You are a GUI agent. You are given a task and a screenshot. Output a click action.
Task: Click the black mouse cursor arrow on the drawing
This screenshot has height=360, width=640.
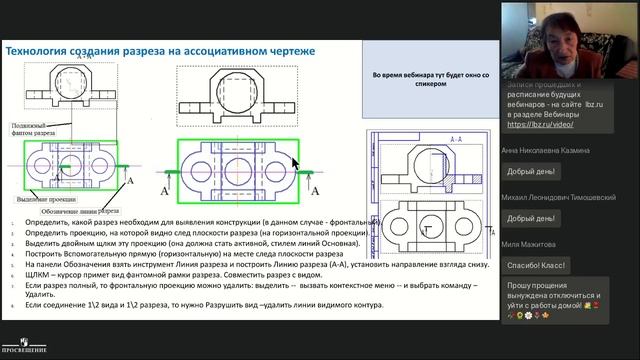[x=295, y=162]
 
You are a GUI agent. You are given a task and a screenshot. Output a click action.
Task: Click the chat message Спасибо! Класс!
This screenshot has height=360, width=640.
[x=538, y=265]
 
